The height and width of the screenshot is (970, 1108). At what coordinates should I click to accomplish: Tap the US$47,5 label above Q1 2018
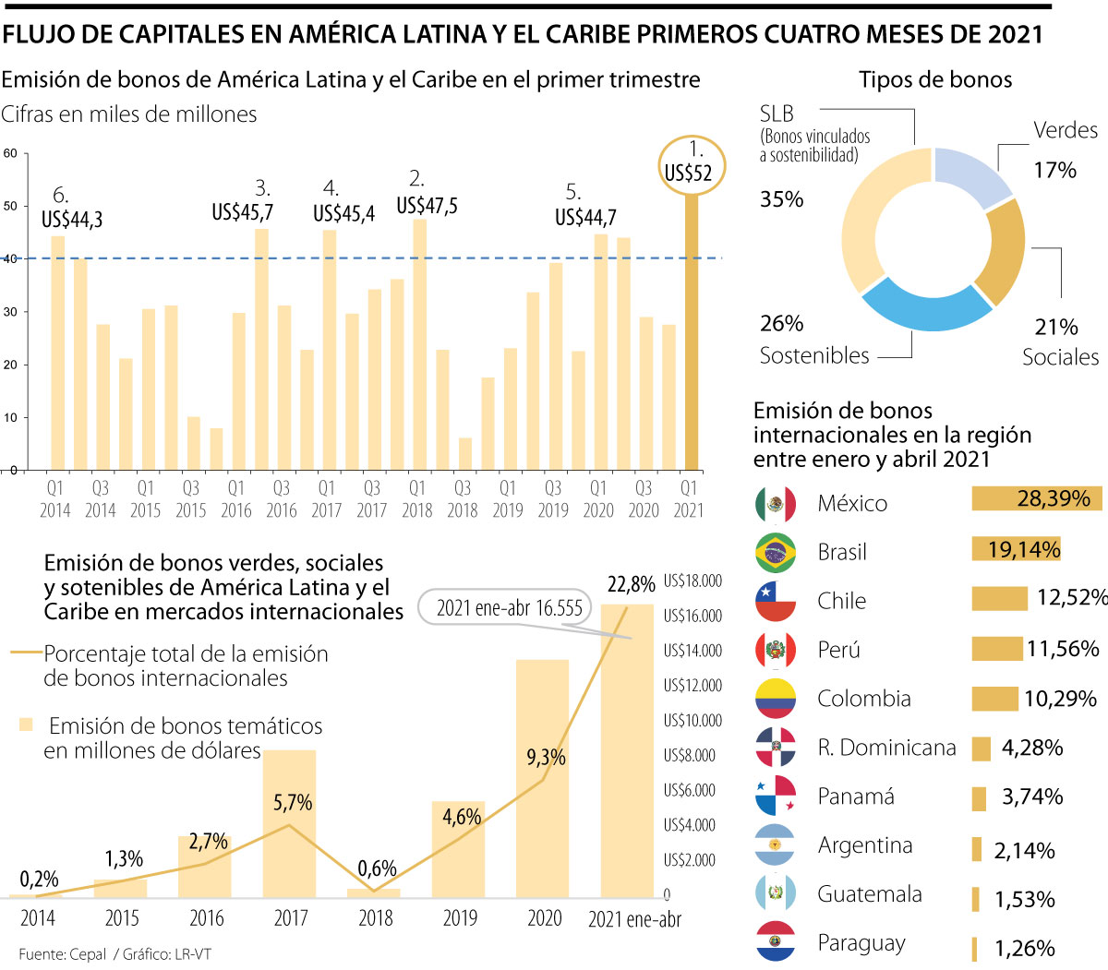[x=427, y=205]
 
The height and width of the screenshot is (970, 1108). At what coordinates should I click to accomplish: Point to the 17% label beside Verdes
[x=1054, y=170]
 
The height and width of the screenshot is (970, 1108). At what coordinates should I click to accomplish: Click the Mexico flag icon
[x=776, y=504]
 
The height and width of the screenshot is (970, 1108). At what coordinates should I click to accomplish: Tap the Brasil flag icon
[x=776, y=553]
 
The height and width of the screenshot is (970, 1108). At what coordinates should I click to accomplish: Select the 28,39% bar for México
[x=1036, y=499]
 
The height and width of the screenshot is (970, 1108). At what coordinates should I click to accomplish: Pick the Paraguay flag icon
[x=776, y=942]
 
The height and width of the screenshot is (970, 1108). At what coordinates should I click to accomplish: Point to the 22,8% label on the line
[x=631, y=584]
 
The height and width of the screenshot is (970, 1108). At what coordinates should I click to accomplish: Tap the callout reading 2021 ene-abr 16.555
[x=510, y=607]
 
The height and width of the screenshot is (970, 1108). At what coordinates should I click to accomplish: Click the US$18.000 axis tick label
[x=692, y=581]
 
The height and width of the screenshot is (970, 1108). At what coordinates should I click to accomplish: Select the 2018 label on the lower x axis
[x=376, y=918]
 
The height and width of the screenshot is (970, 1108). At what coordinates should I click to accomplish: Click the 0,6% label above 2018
[x=377, y=868]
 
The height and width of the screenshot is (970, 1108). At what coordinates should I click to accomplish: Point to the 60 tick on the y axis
[x=10, y=153]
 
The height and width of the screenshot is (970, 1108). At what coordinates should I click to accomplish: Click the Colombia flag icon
[x=776, y=699]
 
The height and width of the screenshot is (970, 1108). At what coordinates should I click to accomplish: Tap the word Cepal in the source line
[x=88, y=954]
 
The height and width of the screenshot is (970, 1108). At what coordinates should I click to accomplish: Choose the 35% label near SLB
[x=781, y=199]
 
